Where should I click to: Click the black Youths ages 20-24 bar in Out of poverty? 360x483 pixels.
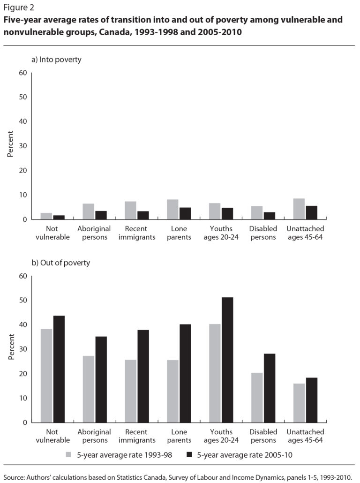pos(227,360)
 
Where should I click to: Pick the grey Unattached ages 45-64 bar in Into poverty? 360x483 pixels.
pos(299,209)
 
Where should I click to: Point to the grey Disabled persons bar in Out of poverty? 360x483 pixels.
pos(257,397)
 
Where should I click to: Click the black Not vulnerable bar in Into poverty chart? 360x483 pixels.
pos(59,217)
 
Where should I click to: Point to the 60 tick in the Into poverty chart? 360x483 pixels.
pos(23,73)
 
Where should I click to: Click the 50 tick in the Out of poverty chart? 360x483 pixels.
pos(23,301)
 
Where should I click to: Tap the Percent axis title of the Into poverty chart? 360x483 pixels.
pos(11,146)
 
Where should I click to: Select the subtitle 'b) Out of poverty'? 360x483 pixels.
pos(60,263)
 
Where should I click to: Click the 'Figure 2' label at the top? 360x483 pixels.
pos(18,8)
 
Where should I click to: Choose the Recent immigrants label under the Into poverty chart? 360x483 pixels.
pos(136,233)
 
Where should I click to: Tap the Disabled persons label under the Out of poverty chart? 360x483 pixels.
pos(263,436)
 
